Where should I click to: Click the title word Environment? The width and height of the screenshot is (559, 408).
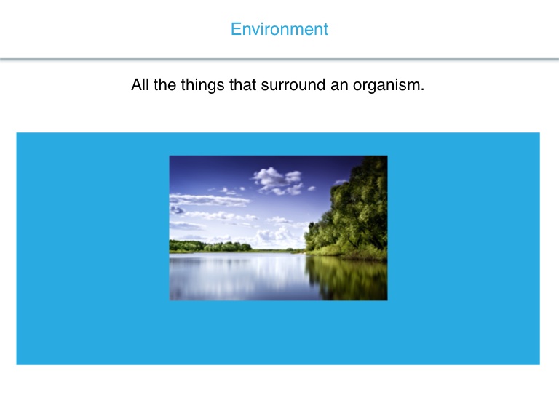coord(279,29)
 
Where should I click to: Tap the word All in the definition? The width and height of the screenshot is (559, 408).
coord(140,85)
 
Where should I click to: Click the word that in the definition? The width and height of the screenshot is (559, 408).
coord(242,85)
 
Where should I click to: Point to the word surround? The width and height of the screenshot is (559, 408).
coord(293,85)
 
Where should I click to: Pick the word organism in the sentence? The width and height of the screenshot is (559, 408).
coord(386,86)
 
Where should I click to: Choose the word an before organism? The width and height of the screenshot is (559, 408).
coord(339,87)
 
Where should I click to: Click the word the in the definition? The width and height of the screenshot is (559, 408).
coord(164,85)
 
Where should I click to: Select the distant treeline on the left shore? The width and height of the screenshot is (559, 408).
coord(210,246)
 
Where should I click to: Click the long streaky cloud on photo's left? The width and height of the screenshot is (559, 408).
coord(209,199)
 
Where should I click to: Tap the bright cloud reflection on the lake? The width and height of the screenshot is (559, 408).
coord(250,274)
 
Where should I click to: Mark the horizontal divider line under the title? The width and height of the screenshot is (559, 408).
coord(279,59)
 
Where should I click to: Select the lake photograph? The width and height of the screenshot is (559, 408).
coord(279,228)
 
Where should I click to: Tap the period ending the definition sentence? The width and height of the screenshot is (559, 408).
coord(422,90)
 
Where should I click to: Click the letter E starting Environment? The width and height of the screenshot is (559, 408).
coord(236,29)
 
